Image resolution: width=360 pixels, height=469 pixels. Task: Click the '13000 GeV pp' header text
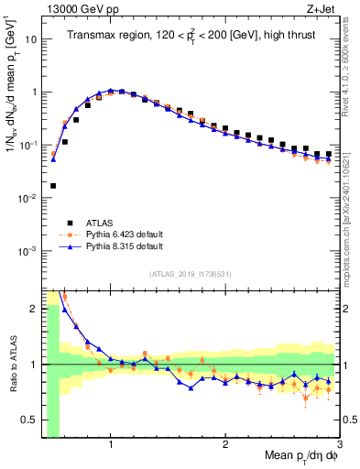click(78, 10)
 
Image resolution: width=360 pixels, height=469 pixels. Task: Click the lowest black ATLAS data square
click(53, 185)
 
